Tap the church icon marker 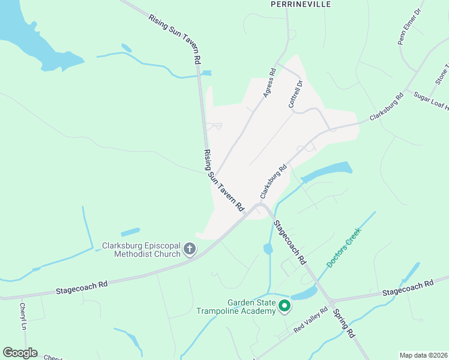190,249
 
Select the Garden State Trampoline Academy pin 284,307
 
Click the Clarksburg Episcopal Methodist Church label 142,250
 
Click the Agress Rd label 268,83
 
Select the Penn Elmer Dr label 410,26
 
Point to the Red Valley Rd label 311,320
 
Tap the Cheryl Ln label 23,316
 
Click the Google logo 20,353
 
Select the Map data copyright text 423,355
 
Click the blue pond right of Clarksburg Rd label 327,171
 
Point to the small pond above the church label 130,232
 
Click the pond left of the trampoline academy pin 267,248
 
